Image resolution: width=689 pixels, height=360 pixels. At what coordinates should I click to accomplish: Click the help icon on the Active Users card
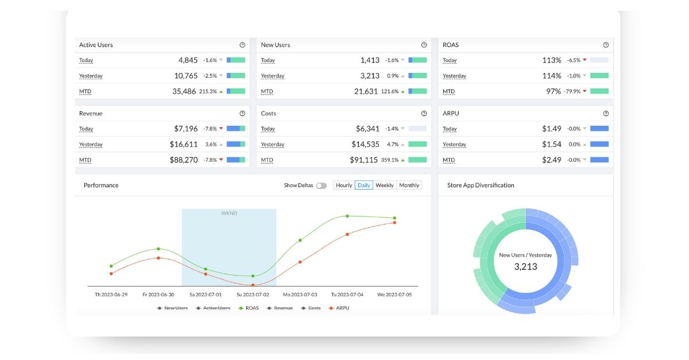242,45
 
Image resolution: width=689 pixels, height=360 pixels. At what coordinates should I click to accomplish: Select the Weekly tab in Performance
385,185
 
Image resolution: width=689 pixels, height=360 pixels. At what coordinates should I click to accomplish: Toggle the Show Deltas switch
322,185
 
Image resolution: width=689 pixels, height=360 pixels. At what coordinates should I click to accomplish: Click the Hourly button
344,185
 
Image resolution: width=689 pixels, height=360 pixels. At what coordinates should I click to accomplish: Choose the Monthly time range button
409,185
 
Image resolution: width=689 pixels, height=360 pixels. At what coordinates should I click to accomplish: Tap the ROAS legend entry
249,308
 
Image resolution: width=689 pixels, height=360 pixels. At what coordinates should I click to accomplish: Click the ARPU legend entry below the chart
339,308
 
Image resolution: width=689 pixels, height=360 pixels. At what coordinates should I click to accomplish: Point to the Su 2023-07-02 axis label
253,295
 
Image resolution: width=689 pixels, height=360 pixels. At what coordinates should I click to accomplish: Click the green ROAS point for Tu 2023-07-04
347,216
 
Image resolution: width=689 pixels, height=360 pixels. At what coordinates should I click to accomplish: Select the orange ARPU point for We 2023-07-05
394,222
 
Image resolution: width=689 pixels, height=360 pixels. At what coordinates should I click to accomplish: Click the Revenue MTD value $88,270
184,160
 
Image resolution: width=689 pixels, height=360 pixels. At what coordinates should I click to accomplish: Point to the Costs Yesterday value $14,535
365,144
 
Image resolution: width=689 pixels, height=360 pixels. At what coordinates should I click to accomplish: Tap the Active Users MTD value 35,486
184,91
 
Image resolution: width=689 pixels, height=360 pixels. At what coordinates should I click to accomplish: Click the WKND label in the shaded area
229,213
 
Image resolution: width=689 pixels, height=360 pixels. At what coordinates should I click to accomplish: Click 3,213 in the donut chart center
526,266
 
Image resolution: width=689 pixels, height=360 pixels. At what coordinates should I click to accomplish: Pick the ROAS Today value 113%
552,60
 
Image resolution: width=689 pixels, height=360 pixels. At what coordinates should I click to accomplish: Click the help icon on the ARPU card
606,114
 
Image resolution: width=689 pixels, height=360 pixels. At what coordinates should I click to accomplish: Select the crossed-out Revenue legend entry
280,308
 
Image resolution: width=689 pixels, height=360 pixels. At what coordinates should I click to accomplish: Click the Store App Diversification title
481,185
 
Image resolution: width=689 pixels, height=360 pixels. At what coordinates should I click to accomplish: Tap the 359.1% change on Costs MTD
390,160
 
